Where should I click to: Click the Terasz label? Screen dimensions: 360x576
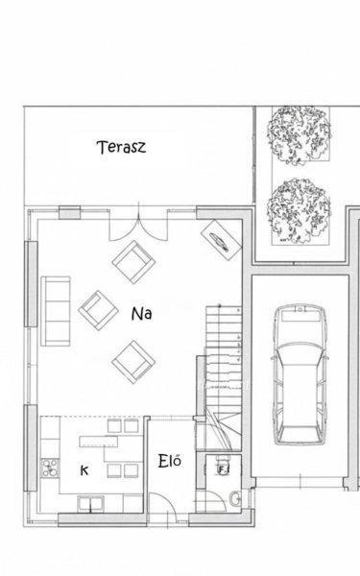pos(121,147)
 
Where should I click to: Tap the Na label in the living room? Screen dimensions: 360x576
pos(141,314)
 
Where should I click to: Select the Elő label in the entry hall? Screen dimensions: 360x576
pos(170,461)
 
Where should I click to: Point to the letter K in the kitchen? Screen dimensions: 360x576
pos(84,470)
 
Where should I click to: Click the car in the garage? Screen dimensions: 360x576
pos(299,374)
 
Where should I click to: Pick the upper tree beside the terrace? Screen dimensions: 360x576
pos(299,135)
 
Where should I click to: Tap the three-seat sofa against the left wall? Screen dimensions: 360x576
pos(56,311)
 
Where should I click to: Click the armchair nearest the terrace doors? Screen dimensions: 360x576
pos(133,262)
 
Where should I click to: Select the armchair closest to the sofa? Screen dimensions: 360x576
pos(98,310)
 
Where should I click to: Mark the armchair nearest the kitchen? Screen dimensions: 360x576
pos(133,362)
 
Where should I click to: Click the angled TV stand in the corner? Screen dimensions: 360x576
pos(221,240)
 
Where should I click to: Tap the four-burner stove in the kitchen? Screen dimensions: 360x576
pos(50,468)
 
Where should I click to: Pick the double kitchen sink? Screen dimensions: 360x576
pos(90,503)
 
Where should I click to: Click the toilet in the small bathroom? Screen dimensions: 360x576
pos(223,466)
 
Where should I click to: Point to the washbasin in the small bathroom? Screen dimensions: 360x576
pos(235,499)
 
